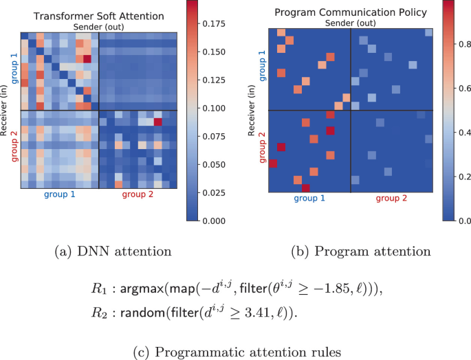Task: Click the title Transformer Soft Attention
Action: click(x=98, y=15)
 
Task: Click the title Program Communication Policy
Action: click(x=351, y=12)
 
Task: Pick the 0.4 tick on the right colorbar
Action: click(x=464, y=132)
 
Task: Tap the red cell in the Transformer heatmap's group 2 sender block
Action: click(x=157, y=122)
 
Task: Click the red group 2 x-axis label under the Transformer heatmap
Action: click(x=139, y=195)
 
